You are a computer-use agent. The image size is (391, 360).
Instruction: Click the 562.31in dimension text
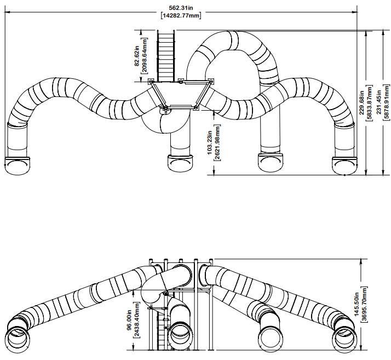point(181,8)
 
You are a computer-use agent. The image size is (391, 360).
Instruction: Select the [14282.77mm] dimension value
point(181,15)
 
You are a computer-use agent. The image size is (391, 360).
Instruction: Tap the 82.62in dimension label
point(137,58)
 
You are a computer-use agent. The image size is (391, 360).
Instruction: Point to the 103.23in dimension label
point(210,142)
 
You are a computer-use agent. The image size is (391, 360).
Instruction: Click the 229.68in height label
point(361,103)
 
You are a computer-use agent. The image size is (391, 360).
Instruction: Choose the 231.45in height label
point(379,102)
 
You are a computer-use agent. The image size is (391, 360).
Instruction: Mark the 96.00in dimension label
point(129,320)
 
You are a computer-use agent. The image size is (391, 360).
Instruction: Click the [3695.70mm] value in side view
point(364,304)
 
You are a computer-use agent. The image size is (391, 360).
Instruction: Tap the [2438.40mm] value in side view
point(137,320)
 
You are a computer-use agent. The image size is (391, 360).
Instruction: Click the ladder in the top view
point(166,56)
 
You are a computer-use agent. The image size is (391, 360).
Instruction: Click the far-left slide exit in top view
point(17,165)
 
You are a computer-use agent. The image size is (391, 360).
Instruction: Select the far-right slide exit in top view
point(345,165)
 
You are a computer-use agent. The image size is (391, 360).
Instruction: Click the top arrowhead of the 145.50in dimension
point(361,261)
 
